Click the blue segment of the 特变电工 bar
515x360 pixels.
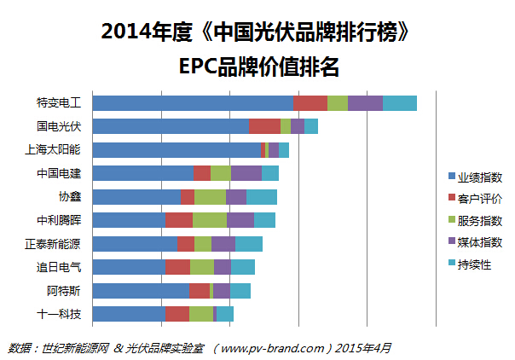point(192,103)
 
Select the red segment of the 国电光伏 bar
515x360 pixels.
point(264,126)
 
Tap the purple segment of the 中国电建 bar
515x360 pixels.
point(246,173)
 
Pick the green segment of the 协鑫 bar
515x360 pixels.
point(210,196)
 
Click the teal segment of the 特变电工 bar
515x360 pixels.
point(400,103)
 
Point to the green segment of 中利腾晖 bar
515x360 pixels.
point(210,220)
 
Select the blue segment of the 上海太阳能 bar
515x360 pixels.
point(176,150)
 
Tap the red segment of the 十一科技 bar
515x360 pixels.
point(176,313)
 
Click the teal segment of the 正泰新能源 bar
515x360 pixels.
point(249,243)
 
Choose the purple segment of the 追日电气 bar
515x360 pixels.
point(223,267)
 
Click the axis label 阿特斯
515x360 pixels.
point(64,290)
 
